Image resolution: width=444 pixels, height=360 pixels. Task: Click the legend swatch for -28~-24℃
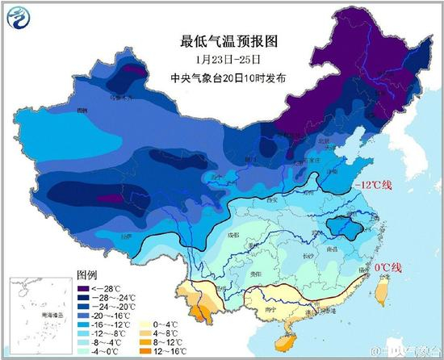(85, 297)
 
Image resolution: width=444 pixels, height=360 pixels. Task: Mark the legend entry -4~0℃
(109, 350)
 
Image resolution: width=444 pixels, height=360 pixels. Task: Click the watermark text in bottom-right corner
(408, 352)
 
